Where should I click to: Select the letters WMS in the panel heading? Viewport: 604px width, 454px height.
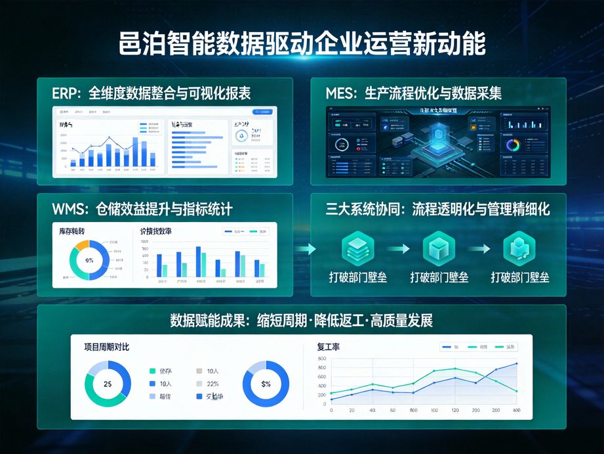(x=68, y=210)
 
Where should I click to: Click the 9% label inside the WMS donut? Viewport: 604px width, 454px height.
(x=90, y=260)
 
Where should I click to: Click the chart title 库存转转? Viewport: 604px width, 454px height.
(x=72, y=231)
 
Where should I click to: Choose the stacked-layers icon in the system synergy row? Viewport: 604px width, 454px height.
(x=357, y=248)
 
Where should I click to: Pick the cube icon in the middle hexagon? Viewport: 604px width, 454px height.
(x=439, y=248)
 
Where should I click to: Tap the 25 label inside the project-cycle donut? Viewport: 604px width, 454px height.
(x=108, y=384)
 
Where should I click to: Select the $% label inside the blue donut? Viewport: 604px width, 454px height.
(x=266, y=384)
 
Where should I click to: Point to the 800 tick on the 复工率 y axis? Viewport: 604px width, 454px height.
(x=321, y=359)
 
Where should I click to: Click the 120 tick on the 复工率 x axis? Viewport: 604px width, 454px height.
(x=454, y=410)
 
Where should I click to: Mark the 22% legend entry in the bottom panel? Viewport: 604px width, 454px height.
(x=212, y=384)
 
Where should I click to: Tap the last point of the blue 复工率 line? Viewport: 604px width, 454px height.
(x=516, y=363)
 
